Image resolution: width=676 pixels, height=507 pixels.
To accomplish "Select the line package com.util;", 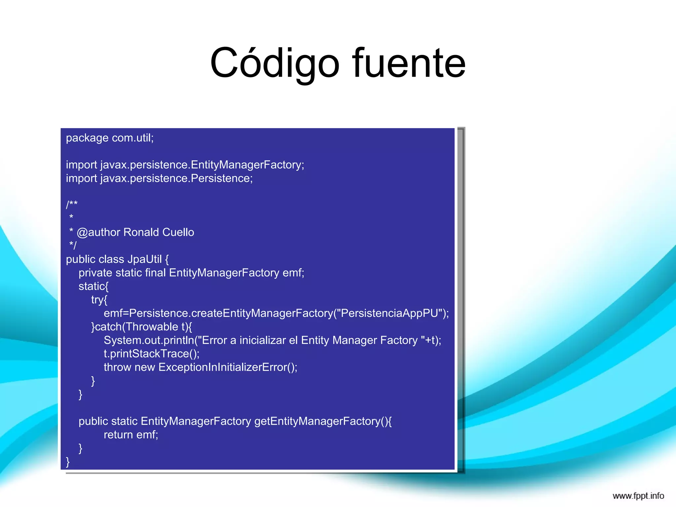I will (110, 138).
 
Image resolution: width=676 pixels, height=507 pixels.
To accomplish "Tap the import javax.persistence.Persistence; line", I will (159, 179).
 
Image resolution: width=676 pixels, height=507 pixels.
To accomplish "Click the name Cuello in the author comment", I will (178, 232).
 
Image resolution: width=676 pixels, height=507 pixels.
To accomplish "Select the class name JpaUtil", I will (145, 259).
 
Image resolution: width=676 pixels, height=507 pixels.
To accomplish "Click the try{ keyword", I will (99, 300).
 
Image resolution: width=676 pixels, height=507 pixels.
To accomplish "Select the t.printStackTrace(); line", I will (152, 354).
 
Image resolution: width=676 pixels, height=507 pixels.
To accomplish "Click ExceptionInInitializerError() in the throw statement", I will (228, 367).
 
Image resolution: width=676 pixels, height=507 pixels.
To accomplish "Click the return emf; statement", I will (131, 435).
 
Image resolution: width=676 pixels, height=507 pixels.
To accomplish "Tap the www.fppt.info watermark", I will (638, 496).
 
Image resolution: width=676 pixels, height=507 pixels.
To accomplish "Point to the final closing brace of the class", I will (68, 462).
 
